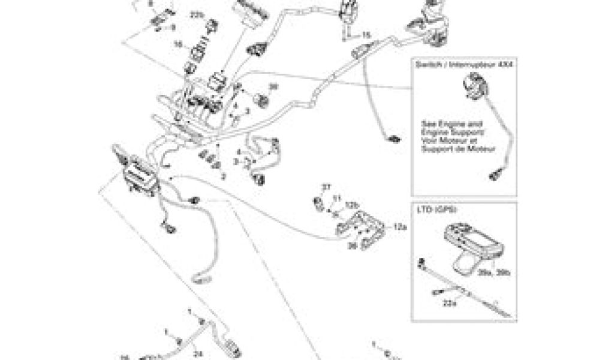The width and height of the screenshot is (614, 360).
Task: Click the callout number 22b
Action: coord(197,13)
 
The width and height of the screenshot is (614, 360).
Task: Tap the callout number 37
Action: coord(326,188)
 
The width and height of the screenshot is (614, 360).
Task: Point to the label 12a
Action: coord(399,228)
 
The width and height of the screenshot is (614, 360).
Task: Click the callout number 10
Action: coord(178,44)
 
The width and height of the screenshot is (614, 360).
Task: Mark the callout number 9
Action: coord(174,27)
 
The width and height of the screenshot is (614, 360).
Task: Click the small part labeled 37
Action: coord(318,199)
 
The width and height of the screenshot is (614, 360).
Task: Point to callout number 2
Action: coord(223,176)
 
